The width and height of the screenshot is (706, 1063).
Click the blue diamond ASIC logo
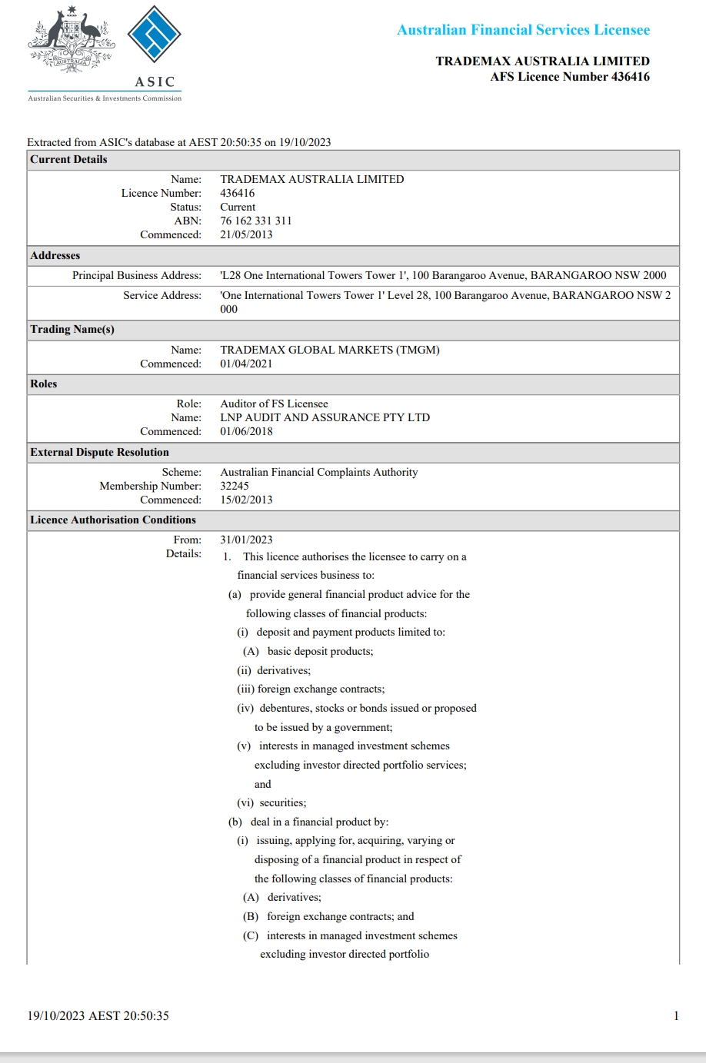point(154,35)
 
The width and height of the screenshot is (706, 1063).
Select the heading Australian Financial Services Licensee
point(523,30)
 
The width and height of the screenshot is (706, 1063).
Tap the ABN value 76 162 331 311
point(255,221)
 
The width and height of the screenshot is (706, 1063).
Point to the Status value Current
point(238,207)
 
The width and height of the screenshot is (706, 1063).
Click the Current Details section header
point(68,159)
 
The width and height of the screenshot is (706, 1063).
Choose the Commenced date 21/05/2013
point(246,234)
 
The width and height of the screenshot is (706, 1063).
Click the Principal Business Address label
point(137,275)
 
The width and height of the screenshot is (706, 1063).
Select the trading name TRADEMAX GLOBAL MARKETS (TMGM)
point(330,350)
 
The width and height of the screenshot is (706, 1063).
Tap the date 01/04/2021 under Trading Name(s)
point(246,364)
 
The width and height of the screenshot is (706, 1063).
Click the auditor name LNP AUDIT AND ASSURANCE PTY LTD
point(325,417)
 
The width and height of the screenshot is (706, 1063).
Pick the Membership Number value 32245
point(235,486)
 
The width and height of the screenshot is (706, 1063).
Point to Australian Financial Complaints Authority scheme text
point(318,472)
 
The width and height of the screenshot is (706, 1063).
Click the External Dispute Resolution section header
point(99,452)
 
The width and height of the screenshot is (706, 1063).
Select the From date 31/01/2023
point(246,540)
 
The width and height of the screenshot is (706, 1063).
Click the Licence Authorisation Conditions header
point(113,520)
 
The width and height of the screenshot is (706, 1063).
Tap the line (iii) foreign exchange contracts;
point(311,689)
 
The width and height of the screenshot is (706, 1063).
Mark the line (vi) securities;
point(271,802)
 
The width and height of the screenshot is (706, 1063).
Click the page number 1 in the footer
point(676,1015)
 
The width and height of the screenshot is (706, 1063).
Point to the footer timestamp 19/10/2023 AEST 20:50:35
point(98,1015)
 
